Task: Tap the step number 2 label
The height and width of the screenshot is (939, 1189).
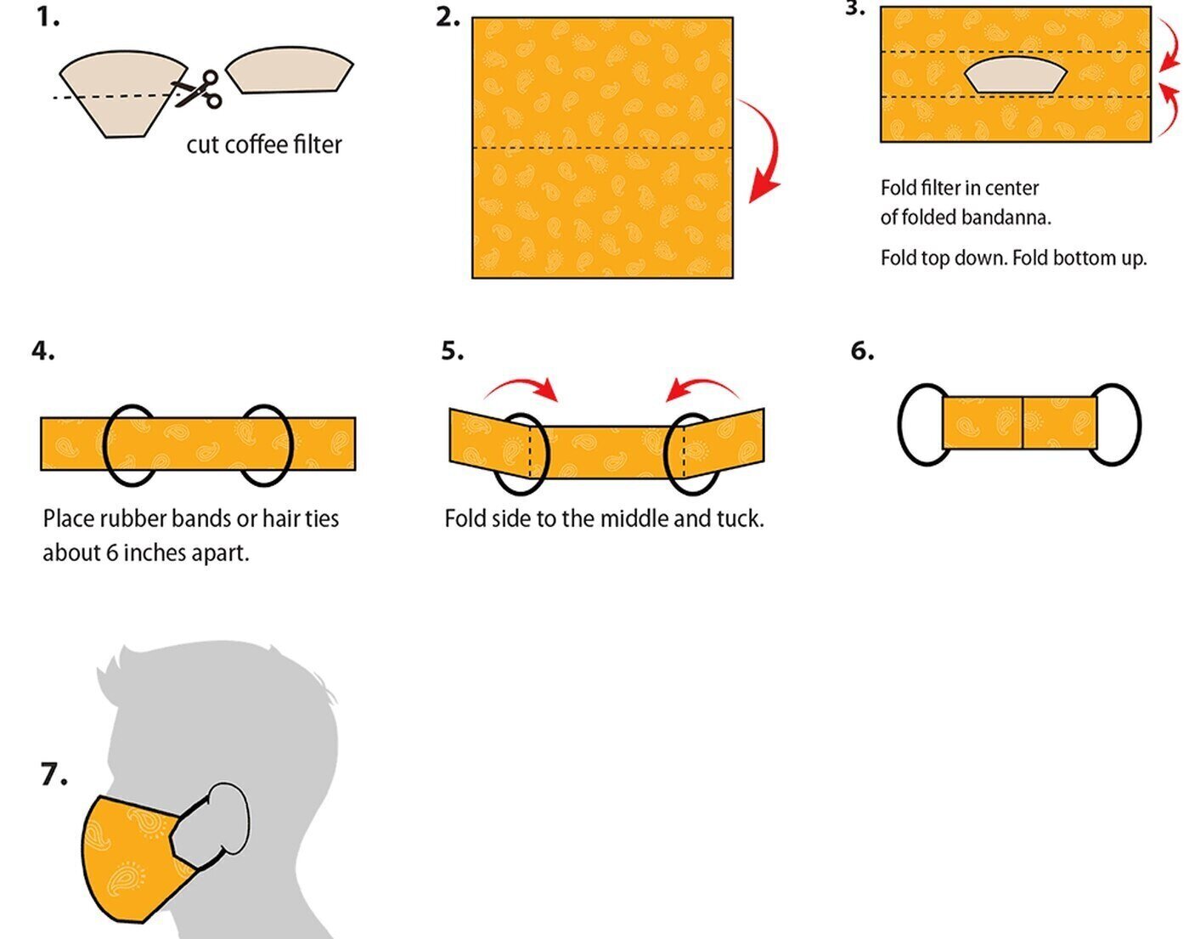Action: pos(448,17)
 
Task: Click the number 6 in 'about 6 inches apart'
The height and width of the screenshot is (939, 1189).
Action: pos(111,553)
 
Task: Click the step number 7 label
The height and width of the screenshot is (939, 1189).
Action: pos(54,775)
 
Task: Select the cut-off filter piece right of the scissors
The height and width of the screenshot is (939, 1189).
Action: pos(289,71)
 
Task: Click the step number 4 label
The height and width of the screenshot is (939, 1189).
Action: pos(43,350)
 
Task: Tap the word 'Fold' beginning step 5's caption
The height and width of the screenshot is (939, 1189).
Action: pos(464,518)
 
